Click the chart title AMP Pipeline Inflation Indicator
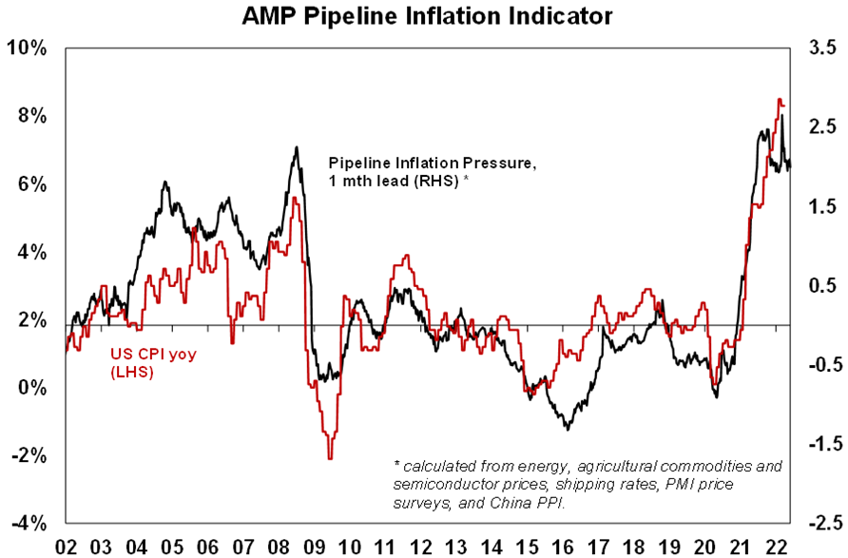point(425,17)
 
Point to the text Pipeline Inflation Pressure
point(433,164)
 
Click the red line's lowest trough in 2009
point(330,459)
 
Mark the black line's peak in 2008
point(297,147)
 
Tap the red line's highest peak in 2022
point(780,99)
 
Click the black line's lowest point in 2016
point(568,429)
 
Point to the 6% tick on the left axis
point(29,183)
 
